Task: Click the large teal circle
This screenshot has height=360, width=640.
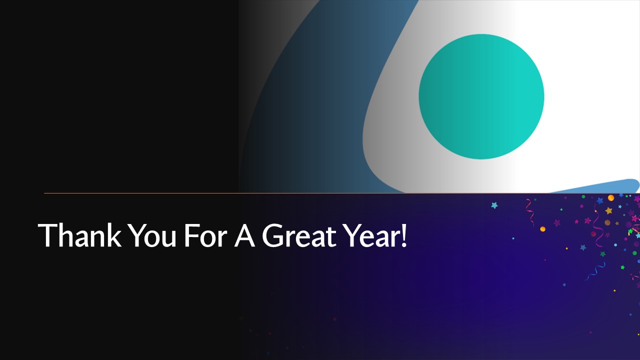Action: tap(481, 96)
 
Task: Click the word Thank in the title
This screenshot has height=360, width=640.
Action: tap(79, 235)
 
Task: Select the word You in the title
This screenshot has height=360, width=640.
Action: tap(152, 235)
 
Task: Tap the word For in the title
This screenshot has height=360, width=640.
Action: tap(205, 235)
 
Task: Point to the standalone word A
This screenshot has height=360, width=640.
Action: tap(244, 235)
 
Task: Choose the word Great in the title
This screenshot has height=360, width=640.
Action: tap(299, 235)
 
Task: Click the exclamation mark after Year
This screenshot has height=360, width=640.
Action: tap(403, 235)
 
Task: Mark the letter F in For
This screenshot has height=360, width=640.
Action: tap(191, 235)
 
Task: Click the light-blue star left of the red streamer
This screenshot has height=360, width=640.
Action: tap(494, 205)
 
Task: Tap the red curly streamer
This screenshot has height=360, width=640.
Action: tap(530, 212)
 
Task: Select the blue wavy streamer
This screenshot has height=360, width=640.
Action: tap(595, 271)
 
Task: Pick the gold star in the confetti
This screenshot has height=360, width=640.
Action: tap(609, 210)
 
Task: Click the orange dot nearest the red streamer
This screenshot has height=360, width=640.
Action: tap(543, 229)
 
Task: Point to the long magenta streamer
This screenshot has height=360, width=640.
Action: tap(597, 225)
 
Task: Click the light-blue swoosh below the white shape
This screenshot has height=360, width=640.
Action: tap(600, 186)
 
